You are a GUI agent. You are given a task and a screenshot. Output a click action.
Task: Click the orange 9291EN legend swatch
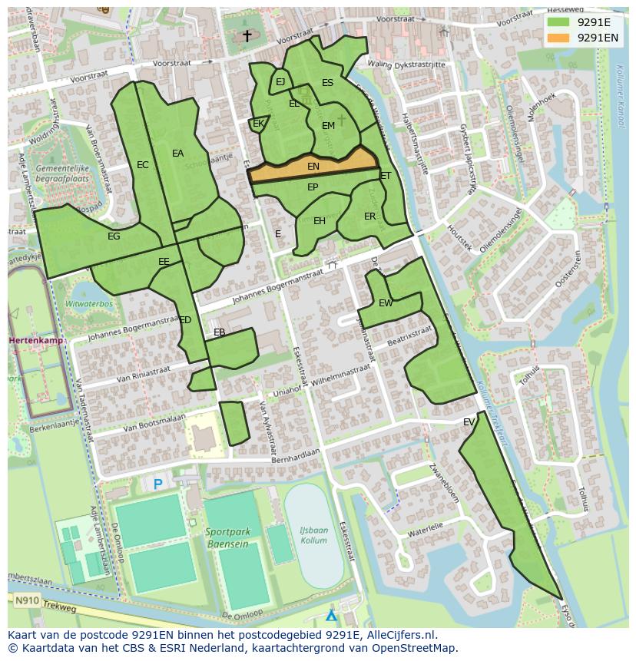click(558, 38)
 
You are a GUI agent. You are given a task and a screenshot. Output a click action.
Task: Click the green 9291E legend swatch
click(558, 22)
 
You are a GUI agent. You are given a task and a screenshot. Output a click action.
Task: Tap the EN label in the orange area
click(313, 167)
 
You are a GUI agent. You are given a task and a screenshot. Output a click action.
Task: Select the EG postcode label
click(114, 236)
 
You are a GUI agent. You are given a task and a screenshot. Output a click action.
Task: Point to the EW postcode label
click(386, 303)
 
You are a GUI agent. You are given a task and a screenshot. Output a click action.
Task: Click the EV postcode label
click(469, 422)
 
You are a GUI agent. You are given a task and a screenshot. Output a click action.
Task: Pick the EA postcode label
click(177, 154)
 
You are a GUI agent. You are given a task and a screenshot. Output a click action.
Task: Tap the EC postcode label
click(142, 165)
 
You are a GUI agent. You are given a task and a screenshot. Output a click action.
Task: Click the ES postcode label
click(327, 83)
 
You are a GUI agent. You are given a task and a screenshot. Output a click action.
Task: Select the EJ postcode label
click(280, 82)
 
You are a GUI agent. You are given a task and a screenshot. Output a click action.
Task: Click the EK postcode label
click(258, 124)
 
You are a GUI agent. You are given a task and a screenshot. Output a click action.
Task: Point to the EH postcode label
click(320, 221)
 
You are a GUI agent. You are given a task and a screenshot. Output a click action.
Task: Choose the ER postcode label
click(369, 216)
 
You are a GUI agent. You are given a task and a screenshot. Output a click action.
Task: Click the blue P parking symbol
click(158, 484)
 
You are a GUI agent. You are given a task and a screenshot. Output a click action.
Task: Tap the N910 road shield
click(27, 600)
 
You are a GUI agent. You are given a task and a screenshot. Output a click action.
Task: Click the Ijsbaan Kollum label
click(313, 535)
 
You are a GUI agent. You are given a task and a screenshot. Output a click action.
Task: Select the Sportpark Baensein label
click(227, 537)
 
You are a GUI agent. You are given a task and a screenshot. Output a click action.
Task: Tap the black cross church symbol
click(247, 35)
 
